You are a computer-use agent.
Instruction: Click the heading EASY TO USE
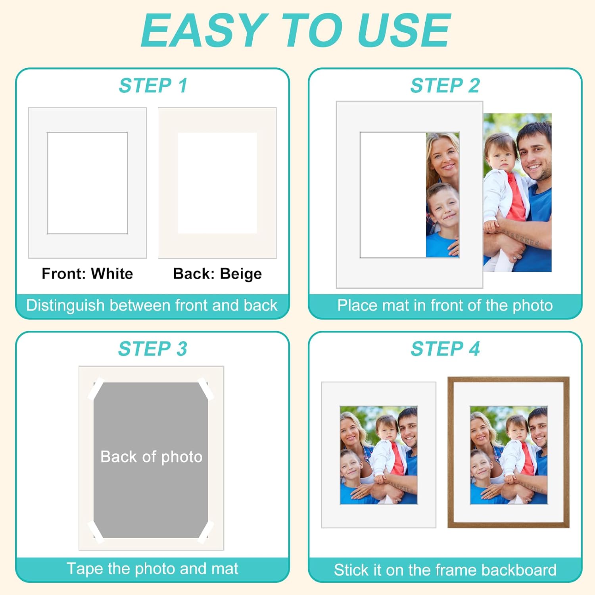tap(296, 31)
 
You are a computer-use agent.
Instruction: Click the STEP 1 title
tap(153, 86)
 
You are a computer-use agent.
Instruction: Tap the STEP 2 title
tap(445, 86)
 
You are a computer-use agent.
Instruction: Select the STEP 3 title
tap(153, 349)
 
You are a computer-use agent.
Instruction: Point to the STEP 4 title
tap(445, 349)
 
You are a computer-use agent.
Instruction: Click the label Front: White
tap(87, 274)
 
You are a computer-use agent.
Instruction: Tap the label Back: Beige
tap(217, 274)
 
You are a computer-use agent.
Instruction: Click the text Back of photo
tap(152, 457)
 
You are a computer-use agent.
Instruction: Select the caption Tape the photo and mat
tap(152, 569)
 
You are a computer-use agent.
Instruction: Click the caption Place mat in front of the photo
tap(445, 305)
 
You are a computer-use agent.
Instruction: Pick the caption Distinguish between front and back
tap(152, 305)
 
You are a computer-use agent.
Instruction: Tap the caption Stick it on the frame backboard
tap(445, 570)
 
